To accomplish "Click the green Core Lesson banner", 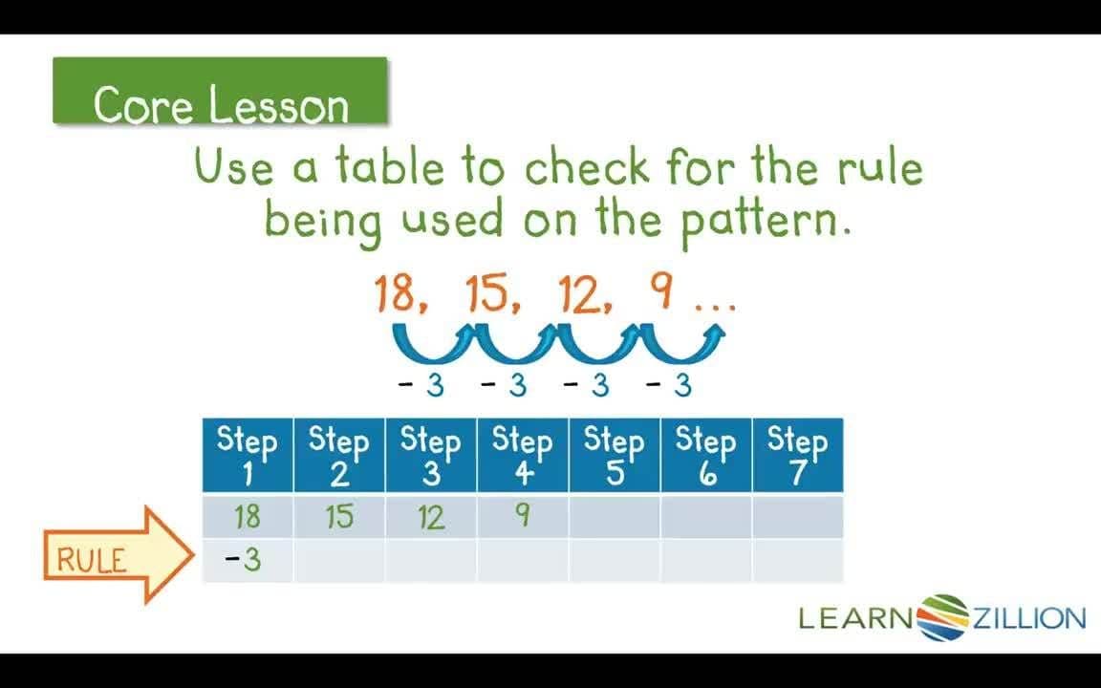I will (x=220, y=92).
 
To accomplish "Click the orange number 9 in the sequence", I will (x=659, y=291).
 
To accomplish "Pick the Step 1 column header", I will (x=248, y=456).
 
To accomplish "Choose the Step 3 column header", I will (x=431, y=456).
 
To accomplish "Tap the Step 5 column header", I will (x=615, y=456).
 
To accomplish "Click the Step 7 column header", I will (x=797, y=456).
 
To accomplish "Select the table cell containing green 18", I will (x=248, y=517).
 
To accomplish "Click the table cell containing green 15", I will (x=339, y=517).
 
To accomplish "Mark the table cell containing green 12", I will (x=431, y=517).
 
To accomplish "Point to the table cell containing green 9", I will (x=523, y=517).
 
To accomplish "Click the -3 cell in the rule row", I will (x=248, y=560).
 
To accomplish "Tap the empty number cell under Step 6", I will (x=705, y=517).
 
